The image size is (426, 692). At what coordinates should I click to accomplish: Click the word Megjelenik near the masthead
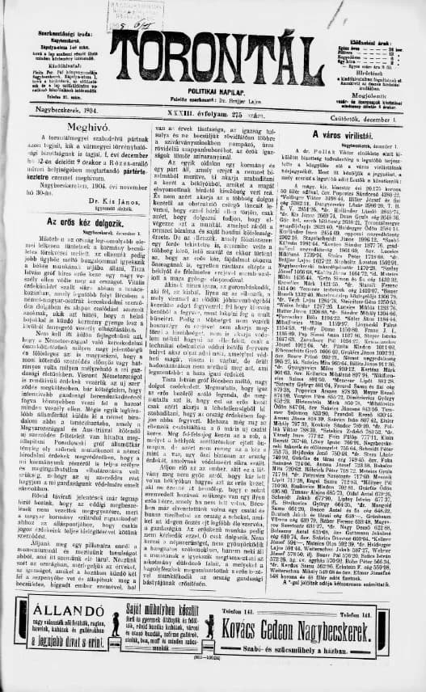coord(371,91)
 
